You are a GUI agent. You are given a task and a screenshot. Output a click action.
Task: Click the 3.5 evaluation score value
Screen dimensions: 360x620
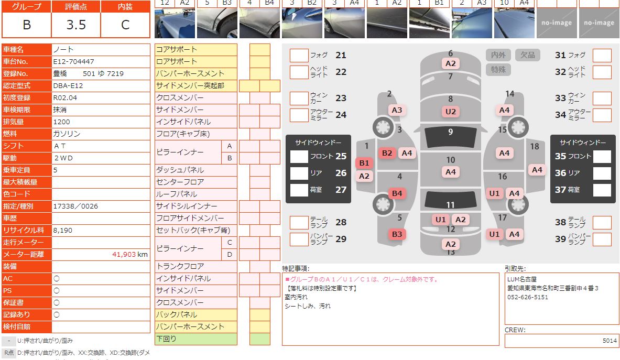76,25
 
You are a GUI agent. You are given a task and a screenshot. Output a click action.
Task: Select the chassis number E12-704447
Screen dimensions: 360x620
74,61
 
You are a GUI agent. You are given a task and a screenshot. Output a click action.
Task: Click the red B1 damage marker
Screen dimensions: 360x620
364,163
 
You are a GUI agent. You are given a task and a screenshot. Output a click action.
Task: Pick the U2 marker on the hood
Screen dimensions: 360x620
450,111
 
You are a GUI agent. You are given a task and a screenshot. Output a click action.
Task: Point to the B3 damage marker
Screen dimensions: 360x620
397,234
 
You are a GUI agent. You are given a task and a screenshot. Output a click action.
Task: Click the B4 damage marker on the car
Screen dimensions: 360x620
397,193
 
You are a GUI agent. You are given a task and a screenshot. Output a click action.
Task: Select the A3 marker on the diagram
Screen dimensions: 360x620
397,110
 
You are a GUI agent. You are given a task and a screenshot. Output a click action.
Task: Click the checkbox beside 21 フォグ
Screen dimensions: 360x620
299,56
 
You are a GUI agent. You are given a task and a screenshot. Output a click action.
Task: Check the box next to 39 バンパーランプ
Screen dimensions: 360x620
602,239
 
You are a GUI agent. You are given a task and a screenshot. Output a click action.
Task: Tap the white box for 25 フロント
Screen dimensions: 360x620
299,156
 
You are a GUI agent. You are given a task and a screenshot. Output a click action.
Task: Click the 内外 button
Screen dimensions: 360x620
498,55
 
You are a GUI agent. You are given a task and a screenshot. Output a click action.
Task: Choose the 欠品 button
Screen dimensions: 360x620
527,55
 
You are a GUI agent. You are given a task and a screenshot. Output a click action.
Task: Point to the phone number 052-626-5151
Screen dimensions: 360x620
527,297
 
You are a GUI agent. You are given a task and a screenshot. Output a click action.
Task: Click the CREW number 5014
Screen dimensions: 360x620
609,341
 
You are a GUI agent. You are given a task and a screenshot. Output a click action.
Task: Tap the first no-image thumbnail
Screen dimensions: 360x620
556,23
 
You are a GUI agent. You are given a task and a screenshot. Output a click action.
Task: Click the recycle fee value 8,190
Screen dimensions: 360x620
64,230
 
